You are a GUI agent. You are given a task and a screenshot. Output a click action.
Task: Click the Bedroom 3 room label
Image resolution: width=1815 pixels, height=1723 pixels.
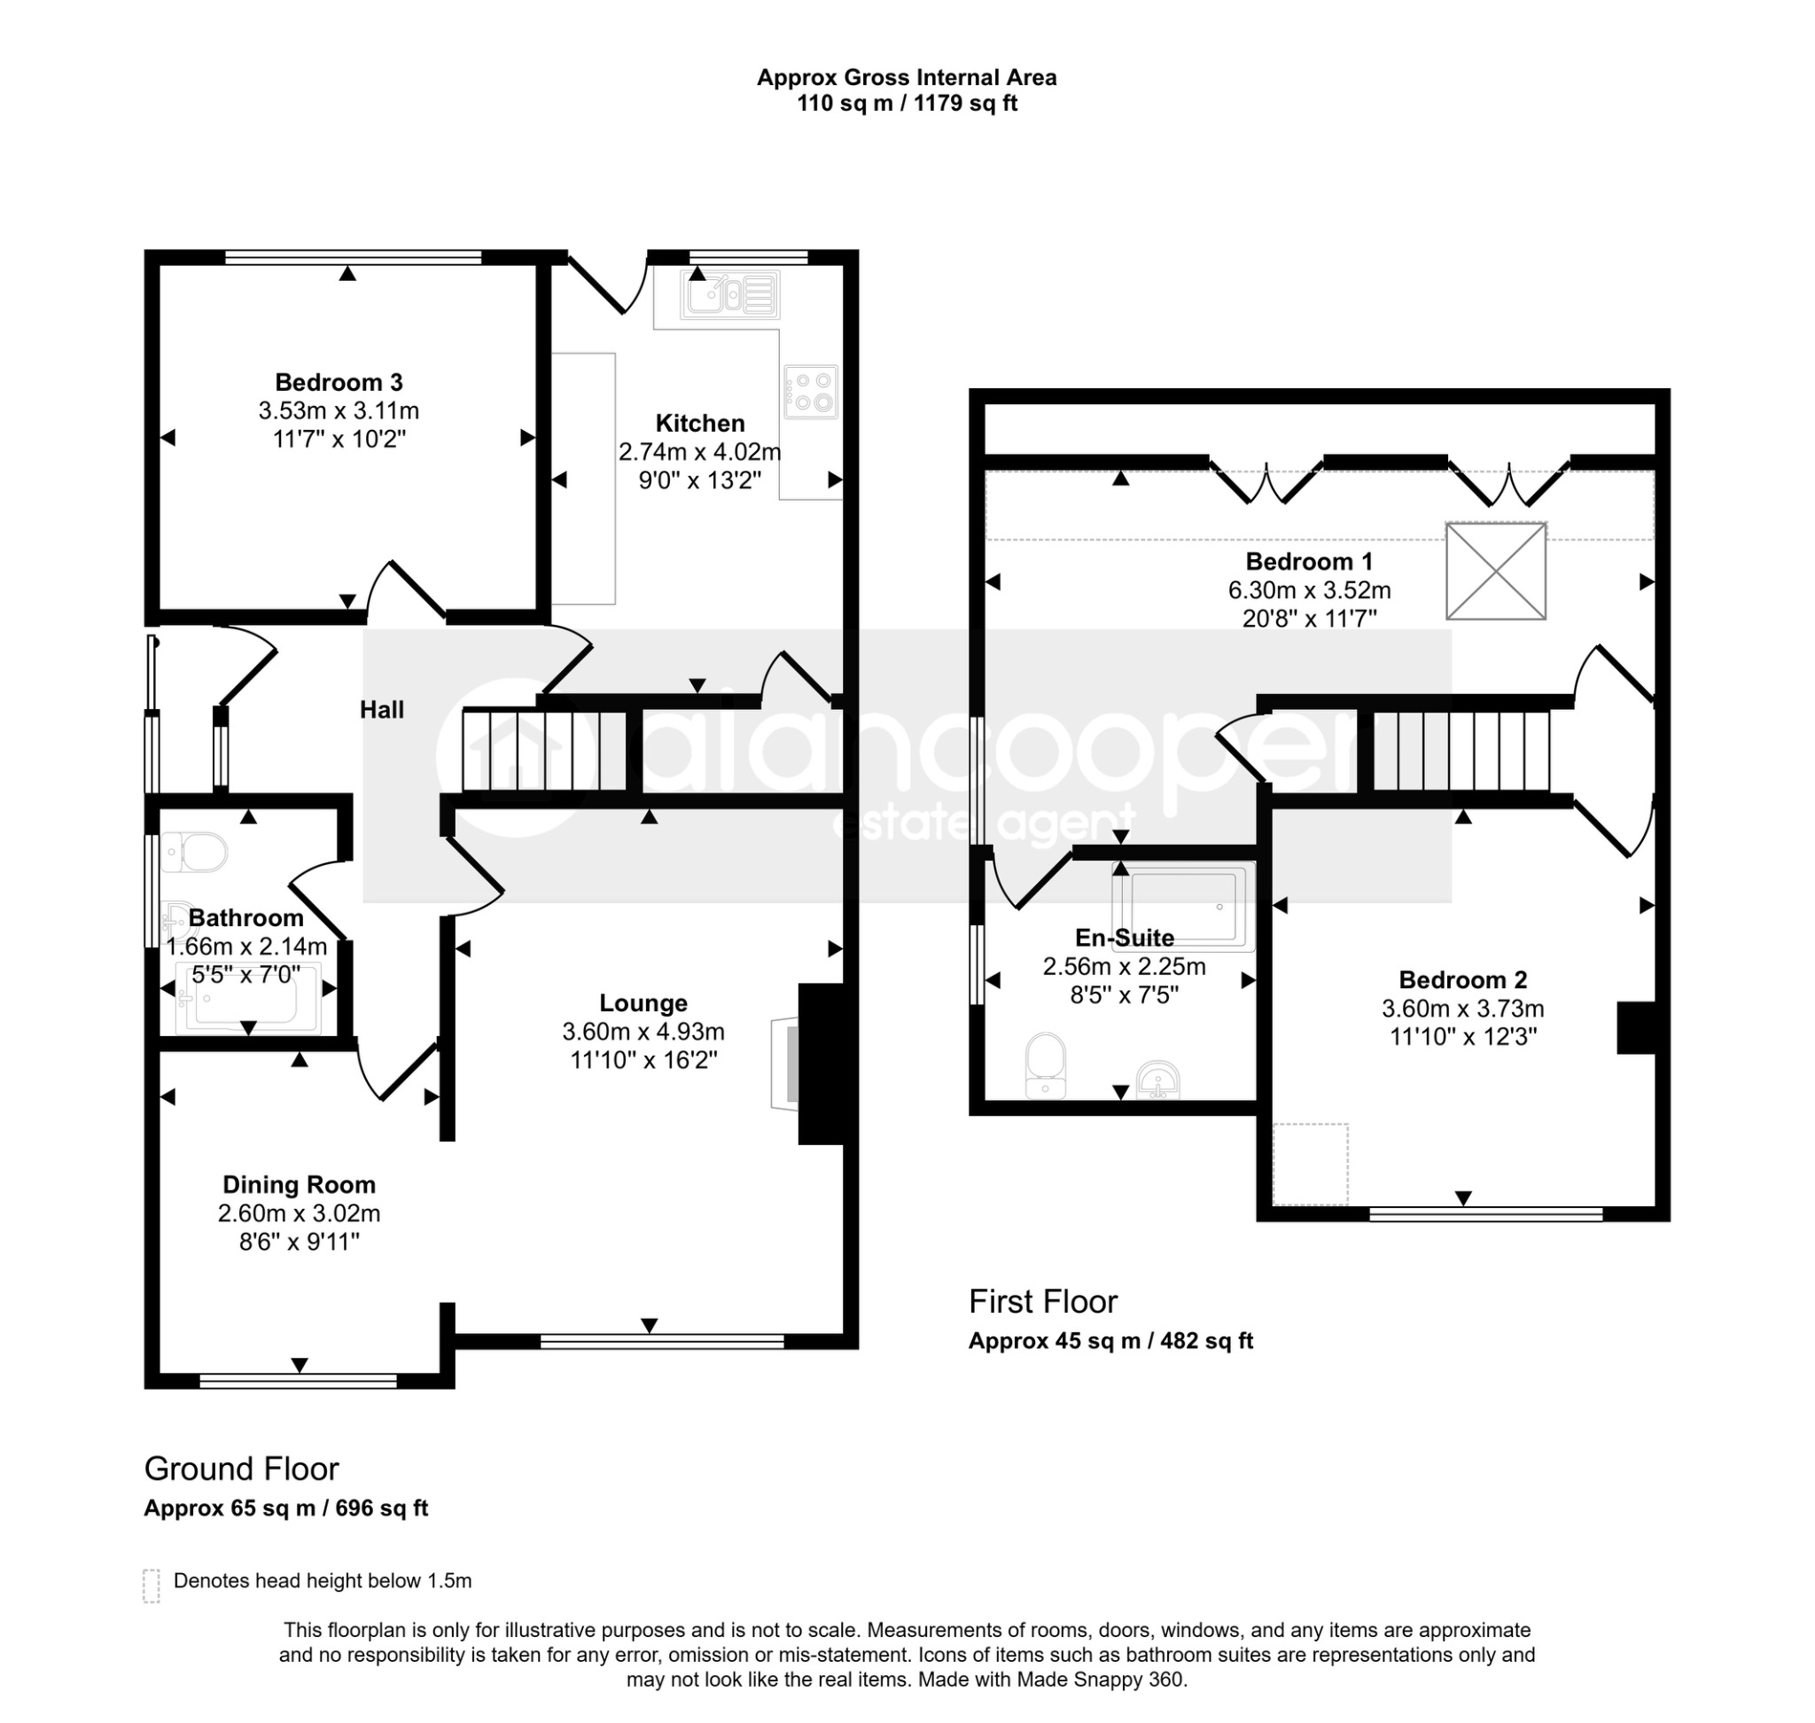coord(339,382)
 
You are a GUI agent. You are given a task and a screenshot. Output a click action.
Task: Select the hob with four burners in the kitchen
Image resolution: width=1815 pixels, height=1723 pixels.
coord(811,392)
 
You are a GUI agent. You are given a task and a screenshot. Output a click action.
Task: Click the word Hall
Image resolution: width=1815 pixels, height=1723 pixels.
coord(381,709)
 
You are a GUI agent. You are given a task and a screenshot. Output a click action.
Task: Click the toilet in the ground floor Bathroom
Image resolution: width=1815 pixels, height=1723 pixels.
coord(194,854)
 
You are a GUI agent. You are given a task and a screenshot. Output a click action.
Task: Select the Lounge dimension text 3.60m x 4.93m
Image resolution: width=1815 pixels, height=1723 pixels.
coord(643,1032)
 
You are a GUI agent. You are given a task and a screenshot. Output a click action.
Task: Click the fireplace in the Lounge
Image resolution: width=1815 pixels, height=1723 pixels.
coord(808,1064)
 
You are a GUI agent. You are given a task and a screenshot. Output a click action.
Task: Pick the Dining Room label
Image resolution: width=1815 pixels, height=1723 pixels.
coord(300,1185)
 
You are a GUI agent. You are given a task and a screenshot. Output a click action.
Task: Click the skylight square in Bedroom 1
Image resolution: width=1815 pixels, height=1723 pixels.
coord(1496,571)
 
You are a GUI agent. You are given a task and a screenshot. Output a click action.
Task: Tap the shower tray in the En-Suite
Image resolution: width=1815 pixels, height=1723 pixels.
coord(1183,907)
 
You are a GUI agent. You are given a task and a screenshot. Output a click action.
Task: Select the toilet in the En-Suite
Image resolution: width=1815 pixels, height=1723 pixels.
coord(1045,1066)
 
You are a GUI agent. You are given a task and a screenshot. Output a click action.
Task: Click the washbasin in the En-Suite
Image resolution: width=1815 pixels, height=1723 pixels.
coord(1158,1080)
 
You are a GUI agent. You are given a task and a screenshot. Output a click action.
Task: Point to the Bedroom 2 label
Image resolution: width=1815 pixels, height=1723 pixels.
coord(1462,980)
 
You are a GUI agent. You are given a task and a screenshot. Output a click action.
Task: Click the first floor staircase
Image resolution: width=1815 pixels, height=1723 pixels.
coord(1461,750)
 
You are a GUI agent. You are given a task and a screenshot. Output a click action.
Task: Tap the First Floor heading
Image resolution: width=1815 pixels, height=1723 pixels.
coord(1042,1301)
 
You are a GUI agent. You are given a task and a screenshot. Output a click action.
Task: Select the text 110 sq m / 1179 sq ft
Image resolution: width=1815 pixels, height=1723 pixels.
coord(907,103)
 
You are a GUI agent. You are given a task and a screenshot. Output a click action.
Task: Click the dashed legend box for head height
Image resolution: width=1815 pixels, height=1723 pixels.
coord(152,1586)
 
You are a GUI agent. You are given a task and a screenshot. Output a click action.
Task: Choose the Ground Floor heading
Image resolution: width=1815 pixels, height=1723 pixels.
coord(242,1469)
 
